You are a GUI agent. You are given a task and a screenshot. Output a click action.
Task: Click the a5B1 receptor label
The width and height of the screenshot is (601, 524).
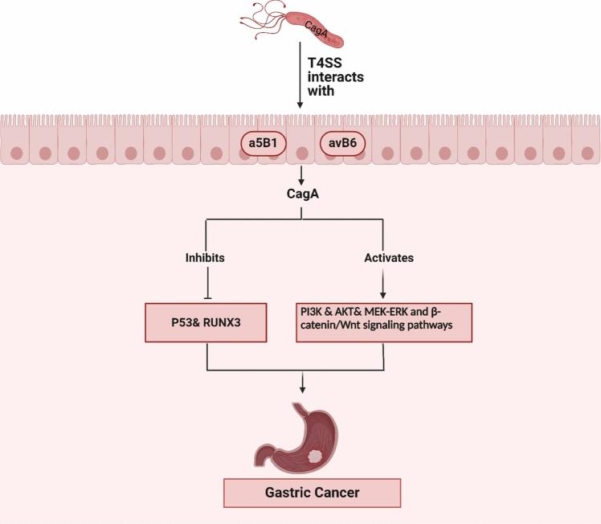tap(257, 145)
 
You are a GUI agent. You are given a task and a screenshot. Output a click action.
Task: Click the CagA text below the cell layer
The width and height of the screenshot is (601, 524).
tap(300, 195)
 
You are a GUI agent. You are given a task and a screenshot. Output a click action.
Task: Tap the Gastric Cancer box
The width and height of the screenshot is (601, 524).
tap(301, 493)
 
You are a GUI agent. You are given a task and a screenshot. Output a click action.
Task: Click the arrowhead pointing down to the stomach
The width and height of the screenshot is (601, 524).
tap(301, 391)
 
